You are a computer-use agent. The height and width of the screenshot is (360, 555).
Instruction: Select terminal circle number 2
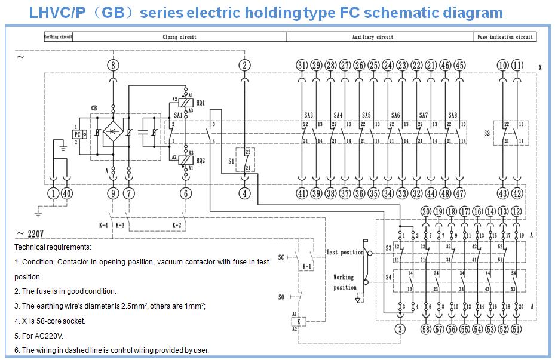coord(243,65)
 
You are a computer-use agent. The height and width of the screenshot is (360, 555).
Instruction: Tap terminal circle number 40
coord(67,193)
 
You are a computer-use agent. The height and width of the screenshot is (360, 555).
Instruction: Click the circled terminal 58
coord(425,329)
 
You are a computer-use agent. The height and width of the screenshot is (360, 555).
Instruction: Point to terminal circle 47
coord(459,193)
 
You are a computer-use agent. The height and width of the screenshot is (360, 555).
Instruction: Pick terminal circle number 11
coord(517,65)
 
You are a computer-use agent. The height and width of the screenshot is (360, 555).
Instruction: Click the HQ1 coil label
coord(200,103)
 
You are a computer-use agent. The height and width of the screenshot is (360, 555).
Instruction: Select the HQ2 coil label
coord(200,161)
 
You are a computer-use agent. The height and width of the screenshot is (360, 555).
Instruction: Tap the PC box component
coord(76,136)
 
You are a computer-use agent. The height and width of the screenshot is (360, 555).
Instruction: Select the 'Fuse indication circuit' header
coord(505,37)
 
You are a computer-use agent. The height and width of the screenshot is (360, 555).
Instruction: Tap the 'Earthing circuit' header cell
coord(59,37)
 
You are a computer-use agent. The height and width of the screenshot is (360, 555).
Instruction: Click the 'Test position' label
coord(345,252)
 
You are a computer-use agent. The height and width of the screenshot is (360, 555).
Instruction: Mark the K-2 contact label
coord(177,225)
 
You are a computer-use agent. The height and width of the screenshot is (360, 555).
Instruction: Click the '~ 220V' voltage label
coord(32,234)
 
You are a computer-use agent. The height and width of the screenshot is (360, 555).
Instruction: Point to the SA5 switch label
coord(366,115)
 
